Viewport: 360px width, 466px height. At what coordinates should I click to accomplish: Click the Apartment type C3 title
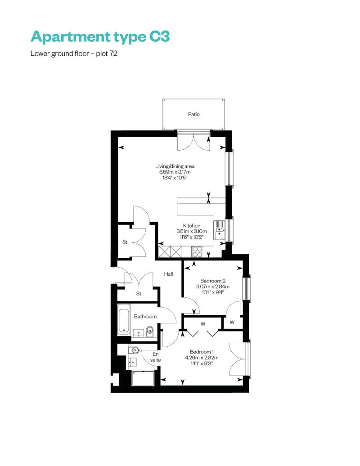point(100,37)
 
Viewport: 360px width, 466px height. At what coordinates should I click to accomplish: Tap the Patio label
point(194,114)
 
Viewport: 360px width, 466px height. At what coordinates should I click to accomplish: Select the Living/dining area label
point(175,166)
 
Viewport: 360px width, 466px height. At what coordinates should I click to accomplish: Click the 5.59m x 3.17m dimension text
point(175,172)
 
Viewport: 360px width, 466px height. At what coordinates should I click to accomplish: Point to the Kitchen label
point(191,225)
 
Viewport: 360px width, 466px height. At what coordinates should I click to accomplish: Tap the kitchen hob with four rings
point(197,252)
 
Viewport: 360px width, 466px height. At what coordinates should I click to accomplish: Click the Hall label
point(169,274)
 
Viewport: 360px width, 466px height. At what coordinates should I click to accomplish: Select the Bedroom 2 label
point(213,281)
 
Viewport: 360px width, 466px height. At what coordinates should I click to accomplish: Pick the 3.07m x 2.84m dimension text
point(213,287)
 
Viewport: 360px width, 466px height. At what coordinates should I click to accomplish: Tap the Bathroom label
point(145,317)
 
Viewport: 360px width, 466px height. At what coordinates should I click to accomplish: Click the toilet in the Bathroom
point(150,332)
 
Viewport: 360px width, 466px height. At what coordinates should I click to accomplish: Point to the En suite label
point(155,357)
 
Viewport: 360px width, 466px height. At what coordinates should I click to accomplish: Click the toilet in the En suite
point(134,350)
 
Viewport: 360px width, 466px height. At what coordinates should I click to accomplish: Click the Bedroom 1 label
point(202,352)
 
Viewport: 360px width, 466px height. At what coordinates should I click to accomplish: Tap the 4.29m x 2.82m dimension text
point(202,358)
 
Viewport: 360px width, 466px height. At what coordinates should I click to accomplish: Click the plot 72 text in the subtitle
point(106,54)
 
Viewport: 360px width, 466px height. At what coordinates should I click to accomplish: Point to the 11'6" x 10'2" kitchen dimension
point(191,237)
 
